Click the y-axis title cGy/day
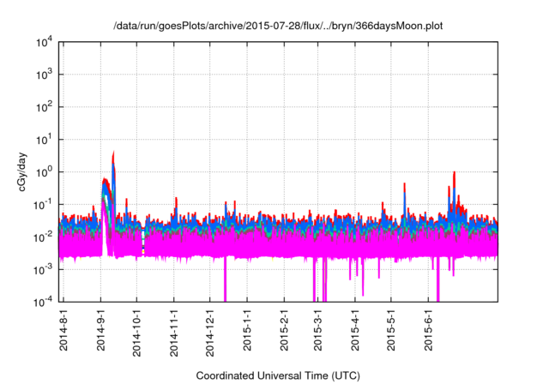(27, 171)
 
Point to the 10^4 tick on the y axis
(43, 42)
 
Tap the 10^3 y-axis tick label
(43, 75)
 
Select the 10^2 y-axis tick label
(43, 107)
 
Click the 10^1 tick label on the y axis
(43, 139)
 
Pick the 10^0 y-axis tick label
(43, 171)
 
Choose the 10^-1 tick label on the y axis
(43, 204)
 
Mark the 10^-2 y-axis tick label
(43, 237)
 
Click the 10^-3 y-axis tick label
(43, 269)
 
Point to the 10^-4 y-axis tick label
(43, 301)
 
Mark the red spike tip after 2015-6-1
(453, 172)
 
